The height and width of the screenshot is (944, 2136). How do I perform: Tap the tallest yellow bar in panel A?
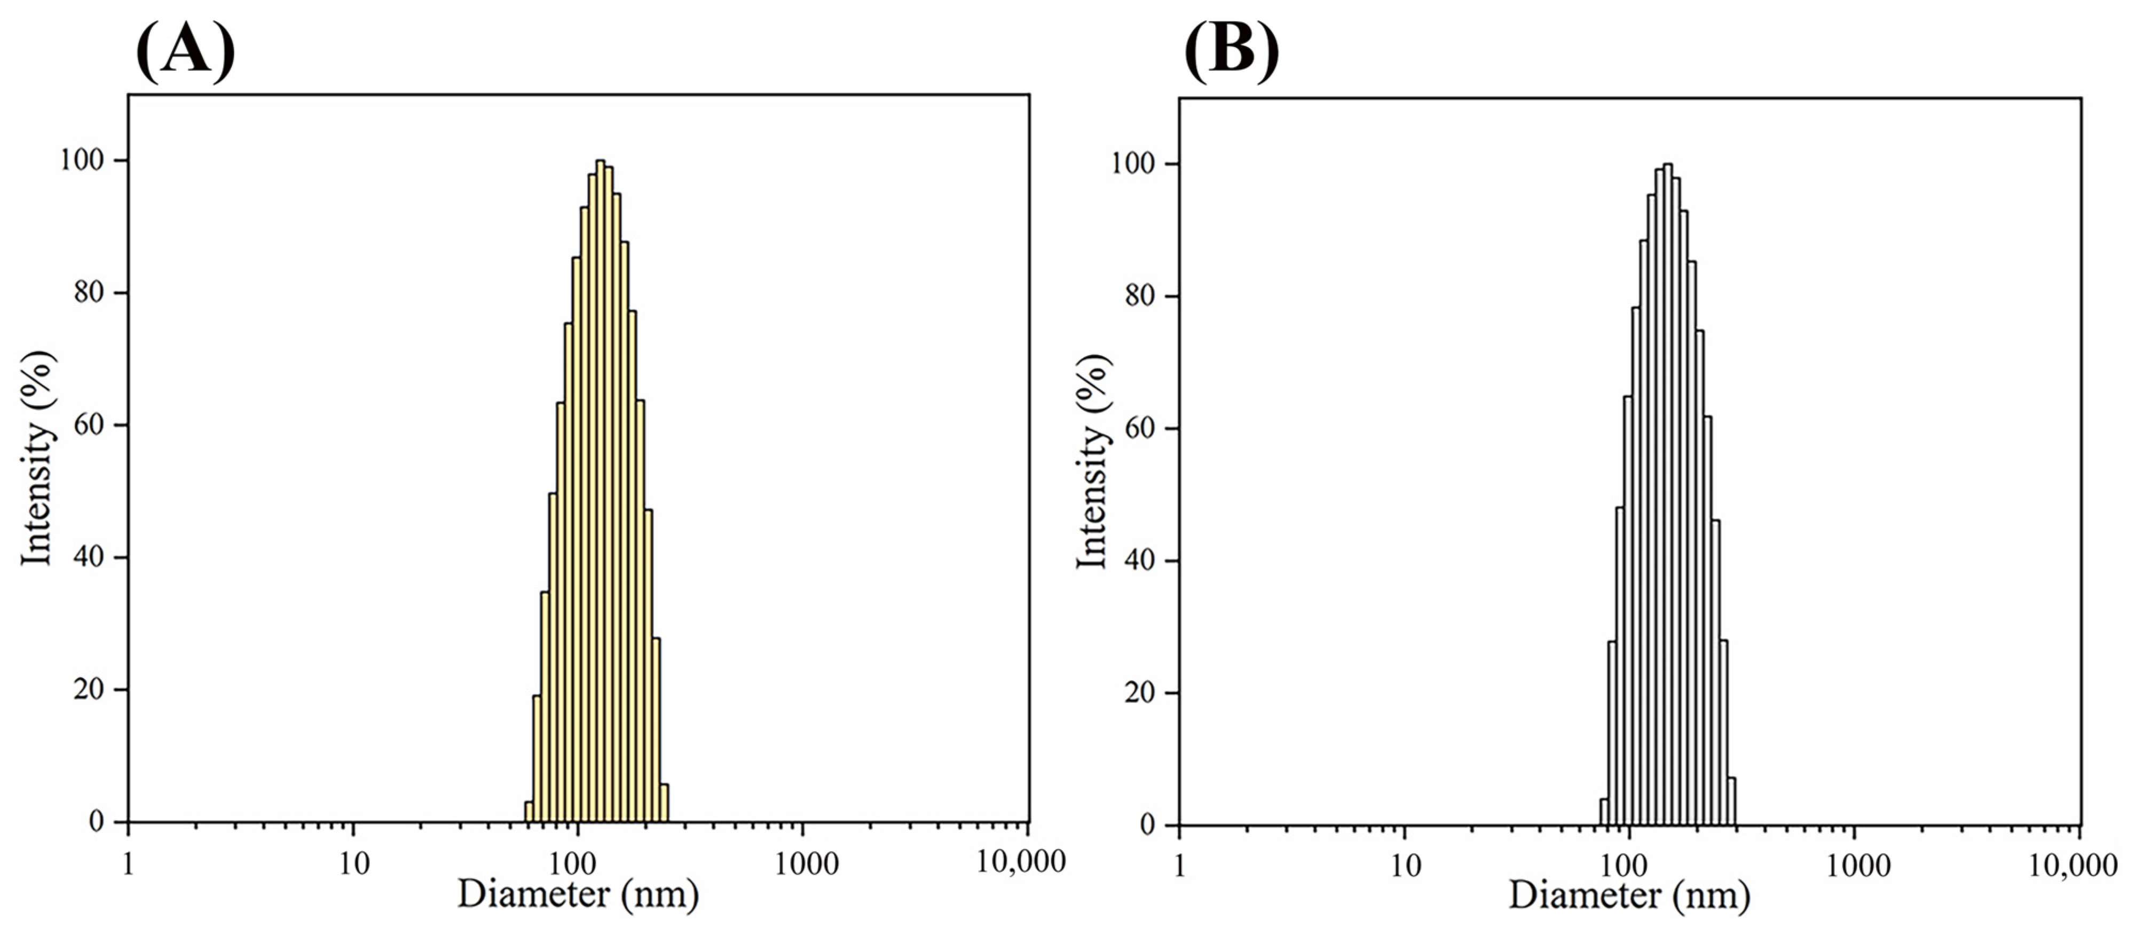(601, 498)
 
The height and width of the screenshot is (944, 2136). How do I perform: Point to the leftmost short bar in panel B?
(1604, 814)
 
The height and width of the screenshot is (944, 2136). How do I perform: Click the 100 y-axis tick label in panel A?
(85, 160)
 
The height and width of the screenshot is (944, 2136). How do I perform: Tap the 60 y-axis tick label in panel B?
(1141, 429)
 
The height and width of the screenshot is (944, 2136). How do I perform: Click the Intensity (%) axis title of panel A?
(38, 458)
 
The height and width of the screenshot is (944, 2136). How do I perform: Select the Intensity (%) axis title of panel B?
(1093, 461)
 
